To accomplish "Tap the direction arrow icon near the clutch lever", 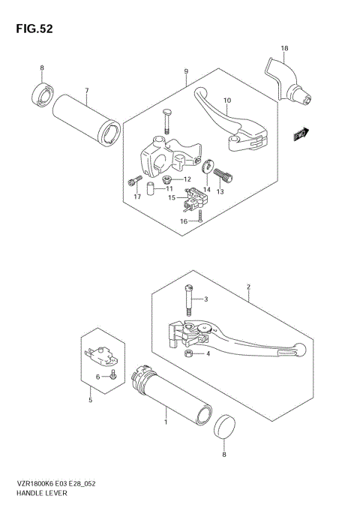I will point(301,134).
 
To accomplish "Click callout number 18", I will point(284,49).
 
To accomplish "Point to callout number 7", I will point(86,92).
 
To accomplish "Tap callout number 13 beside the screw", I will point(220,192).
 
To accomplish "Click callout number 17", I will point(137,197).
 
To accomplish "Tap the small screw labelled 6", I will point(112,375).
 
